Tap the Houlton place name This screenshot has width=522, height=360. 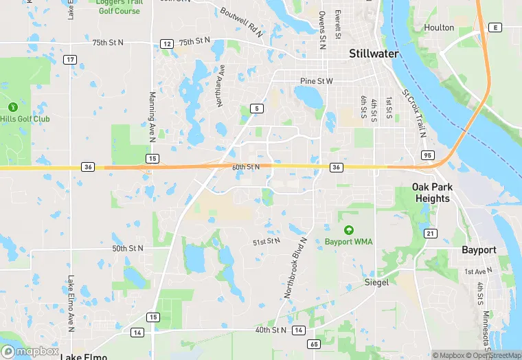[439, 27]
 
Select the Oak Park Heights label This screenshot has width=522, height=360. [431, 192]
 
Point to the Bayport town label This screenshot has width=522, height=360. [479, 250]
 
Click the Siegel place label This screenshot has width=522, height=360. [376, 282]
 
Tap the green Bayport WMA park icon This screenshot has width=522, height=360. [348, 229]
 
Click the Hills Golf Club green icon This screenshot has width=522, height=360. [12, 107]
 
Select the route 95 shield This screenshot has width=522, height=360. [427, 155]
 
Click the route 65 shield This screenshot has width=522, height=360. [314, 344]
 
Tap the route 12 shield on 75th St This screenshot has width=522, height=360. [166, 43]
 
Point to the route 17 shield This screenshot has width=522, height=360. [70, 60]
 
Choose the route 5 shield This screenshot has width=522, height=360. [256, 109]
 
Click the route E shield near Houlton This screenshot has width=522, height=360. [494, 27]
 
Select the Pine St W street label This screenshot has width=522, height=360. [316, 81]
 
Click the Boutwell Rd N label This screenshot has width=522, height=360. [242, 21]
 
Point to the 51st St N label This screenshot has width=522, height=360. [266, 242]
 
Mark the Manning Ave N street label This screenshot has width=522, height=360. [153, 117]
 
